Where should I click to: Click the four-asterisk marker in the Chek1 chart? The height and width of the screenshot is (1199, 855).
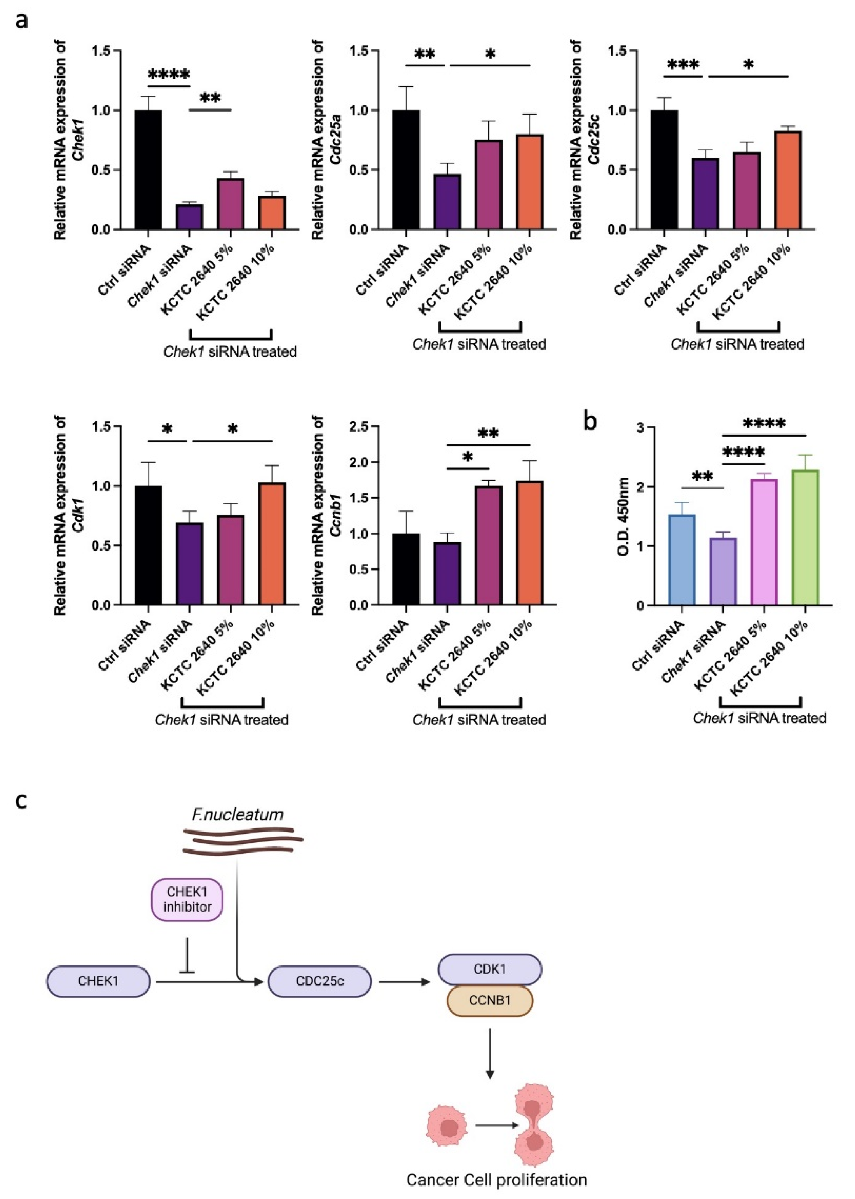168,74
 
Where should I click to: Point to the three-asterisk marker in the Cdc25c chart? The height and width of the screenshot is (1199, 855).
683,65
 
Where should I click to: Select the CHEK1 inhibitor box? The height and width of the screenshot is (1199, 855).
187,899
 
